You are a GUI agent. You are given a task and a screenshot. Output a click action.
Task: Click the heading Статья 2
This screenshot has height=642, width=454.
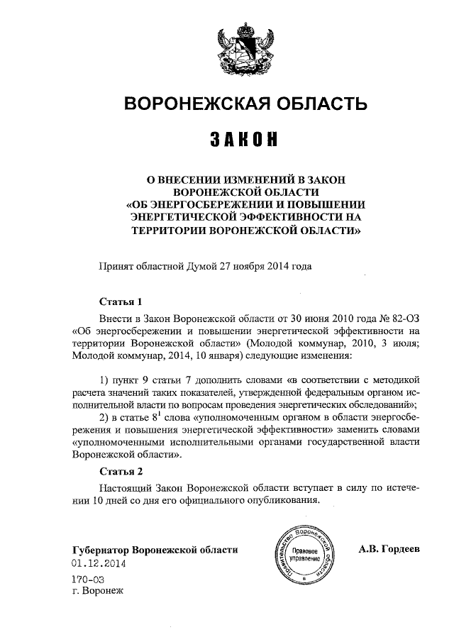click(121, 471)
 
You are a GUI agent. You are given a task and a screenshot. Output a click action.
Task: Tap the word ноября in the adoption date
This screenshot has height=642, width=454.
click(241, 267)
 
